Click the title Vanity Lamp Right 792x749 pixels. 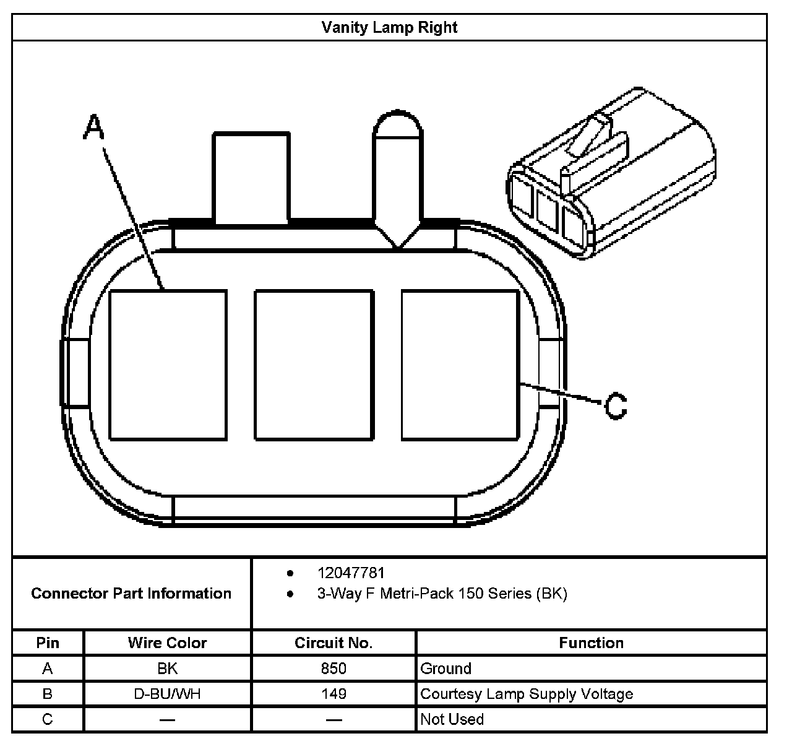389,28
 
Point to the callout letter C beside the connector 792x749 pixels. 615,406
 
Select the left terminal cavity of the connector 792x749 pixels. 168,365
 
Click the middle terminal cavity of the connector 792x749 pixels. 314,365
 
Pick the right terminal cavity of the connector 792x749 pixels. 460,365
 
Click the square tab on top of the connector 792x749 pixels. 251,176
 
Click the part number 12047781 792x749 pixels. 351,573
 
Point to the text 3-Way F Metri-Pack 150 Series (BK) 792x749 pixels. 442,594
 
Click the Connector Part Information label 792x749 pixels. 131,594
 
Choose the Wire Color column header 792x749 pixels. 167,643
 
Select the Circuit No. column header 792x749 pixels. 334,643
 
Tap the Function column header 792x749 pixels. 591,643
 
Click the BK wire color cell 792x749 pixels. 167,669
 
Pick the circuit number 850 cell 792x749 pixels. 334,669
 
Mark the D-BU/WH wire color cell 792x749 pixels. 167,694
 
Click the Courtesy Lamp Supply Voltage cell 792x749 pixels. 527,694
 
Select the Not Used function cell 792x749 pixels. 452,719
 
